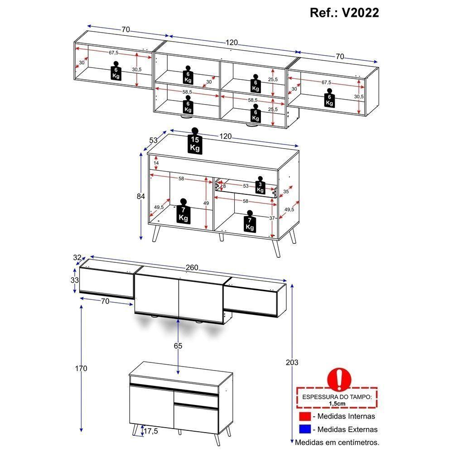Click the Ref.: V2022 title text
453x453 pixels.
pos(344,12)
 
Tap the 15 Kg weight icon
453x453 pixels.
pos(195,142)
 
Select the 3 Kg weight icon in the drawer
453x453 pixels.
pos(260,186)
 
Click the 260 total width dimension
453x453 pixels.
pos(192,268)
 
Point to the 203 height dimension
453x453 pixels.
pos(292,362)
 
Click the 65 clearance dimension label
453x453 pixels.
pos(178,346)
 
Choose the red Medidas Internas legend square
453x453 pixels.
pos(304,416)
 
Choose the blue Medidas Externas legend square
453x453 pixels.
pos(304,429)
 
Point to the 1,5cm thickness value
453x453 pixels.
pos(337,403)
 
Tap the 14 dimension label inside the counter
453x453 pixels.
pos(156,163)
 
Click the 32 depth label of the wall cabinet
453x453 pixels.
pos(78,258)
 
